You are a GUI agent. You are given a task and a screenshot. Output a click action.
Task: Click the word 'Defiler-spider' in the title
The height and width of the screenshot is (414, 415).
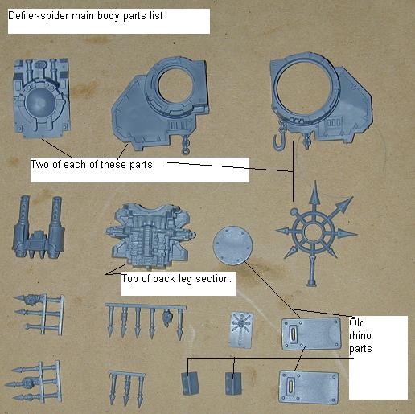tap(39, 16)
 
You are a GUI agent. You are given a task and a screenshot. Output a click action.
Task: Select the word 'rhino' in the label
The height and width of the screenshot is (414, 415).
tap(360, 335)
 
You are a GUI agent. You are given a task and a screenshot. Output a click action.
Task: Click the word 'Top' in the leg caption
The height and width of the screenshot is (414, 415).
tap(130, 279)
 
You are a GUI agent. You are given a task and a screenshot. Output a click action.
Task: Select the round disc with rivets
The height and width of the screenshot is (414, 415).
tap(232, 245)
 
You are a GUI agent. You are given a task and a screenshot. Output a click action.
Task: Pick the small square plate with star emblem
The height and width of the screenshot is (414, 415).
tap(241, 330)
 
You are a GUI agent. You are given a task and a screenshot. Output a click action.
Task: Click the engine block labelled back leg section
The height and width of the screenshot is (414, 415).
tap(150, 235)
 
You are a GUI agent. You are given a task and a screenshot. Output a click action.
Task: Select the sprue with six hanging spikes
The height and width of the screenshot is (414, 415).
tap(146, 320)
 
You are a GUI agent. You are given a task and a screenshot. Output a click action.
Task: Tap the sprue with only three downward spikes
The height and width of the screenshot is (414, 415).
tap(126, 387)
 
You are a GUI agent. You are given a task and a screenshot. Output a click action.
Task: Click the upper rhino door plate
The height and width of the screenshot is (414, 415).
tap(311, 334)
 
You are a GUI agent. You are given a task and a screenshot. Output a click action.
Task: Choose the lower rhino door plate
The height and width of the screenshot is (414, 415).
tap(309, 387)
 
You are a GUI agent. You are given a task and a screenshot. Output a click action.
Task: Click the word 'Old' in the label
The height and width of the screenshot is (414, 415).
tap(357, 322)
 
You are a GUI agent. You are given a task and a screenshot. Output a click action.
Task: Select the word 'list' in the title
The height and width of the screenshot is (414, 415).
tap(156, 15)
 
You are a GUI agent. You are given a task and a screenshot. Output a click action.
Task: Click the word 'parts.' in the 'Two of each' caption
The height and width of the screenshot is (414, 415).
tap(142, 165)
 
